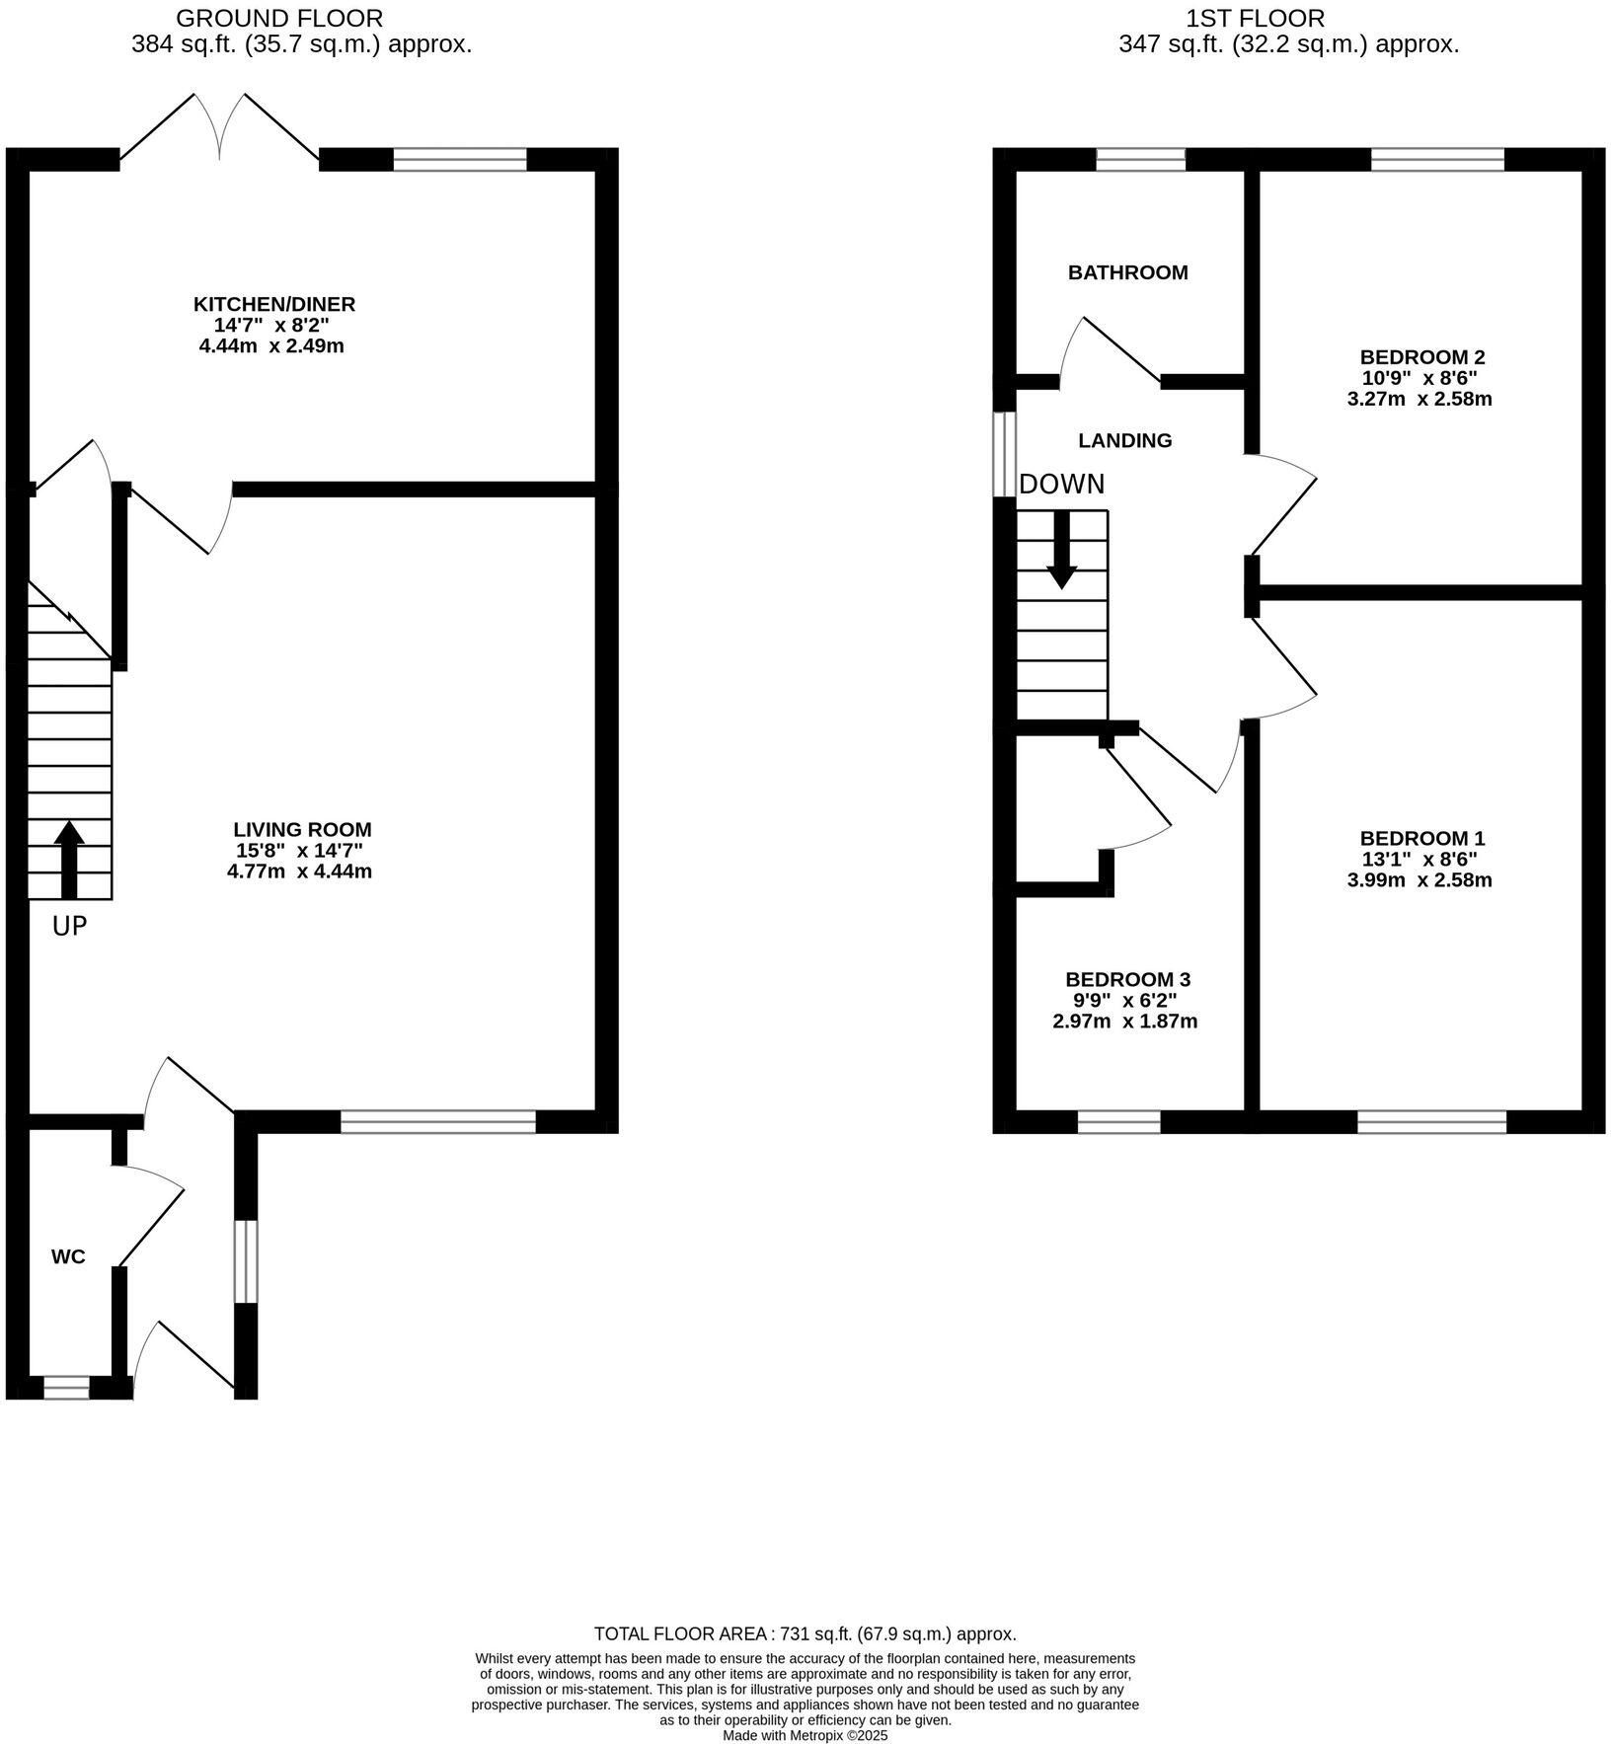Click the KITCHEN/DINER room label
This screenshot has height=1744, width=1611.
(x=273, y=304)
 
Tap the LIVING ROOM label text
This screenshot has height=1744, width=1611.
(x=302, y=830)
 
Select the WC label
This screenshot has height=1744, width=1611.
(x=68, y=1256)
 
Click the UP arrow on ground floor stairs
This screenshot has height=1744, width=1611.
(x=69, y=859)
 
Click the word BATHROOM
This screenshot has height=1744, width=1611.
(x=1127, y=272)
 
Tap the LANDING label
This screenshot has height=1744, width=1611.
(x=1124, y=440)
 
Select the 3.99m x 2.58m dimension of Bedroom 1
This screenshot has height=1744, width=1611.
(x=1419, y=880)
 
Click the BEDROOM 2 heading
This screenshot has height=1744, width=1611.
(x=1421, y=356)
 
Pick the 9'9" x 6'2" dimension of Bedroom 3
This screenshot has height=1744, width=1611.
(x=1125, y=1000)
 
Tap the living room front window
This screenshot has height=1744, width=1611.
(x=438, y=1121)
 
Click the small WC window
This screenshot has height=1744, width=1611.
(x=66, y=1388)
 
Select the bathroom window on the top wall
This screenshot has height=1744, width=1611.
(x=1140, y=159)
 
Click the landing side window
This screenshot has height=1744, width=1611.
(x=1004, y=454)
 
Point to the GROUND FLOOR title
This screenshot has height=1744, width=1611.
(x=279, y=18)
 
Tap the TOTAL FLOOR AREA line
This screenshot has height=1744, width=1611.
(x=805, y=1633)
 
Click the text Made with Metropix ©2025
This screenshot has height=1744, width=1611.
(x=805, y=1735)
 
